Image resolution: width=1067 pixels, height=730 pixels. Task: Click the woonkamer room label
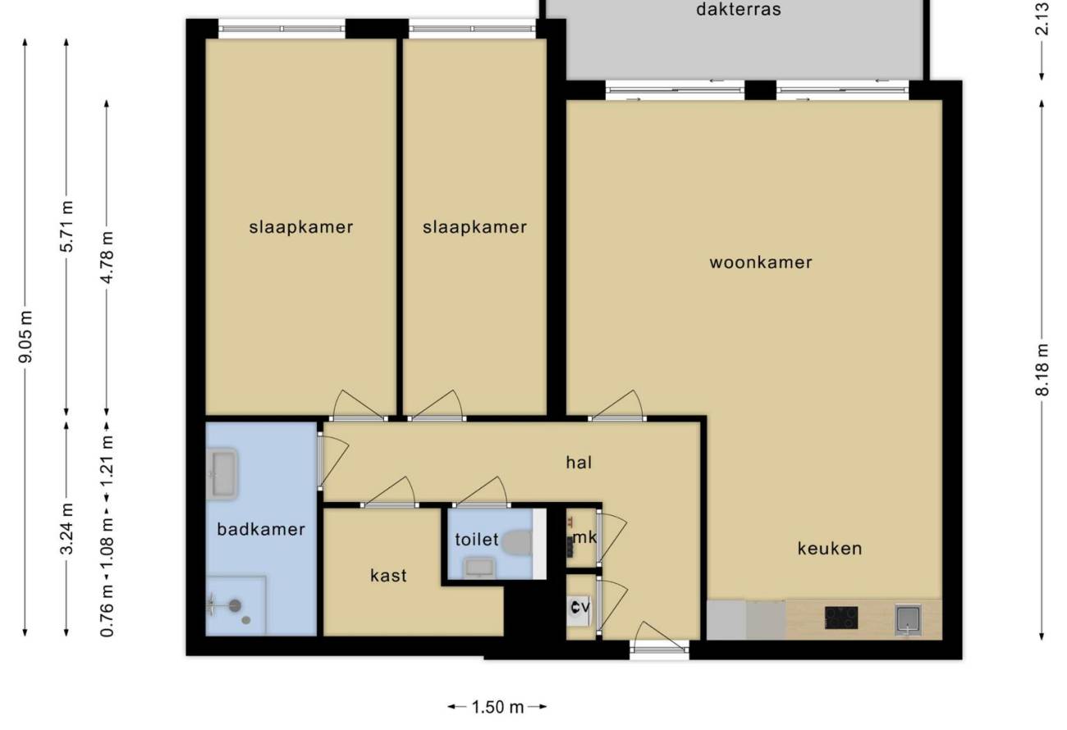pos(761,262)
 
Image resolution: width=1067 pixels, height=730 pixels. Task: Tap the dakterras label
pos(739,10)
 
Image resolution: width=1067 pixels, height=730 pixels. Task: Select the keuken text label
pos(830,549)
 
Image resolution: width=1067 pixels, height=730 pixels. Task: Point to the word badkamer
pos(261,529)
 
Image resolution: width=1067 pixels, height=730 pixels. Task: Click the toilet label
pos(477,539)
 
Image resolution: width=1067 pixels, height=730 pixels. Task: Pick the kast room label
pos(389,576)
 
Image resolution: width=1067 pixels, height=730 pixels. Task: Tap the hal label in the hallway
pos(579,462)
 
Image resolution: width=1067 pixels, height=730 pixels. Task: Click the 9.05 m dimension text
pos(25,336)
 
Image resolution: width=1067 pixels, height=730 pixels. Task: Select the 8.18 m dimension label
pos(1042,369)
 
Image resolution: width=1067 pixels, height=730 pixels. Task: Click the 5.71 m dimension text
pos(66,226)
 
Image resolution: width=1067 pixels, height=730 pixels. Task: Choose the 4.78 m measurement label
pos(107,258)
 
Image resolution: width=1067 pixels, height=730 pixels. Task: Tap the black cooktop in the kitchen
pos(841,618)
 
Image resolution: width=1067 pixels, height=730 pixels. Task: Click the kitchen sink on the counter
pos(908,619)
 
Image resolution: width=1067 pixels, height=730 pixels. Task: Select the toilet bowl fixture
pos(517,543)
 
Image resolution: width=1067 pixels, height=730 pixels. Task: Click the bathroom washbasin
pos(223,473)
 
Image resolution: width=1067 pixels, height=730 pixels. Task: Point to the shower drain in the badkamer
pos(235,606)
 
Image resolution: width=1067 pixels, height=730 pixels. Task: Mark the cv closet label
pos(580,607)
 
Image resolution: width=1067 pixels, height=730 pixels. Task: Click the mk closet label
pos(584,537)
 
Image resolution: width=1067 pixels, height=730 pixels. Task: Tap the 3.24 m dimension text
pos(66,529)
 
